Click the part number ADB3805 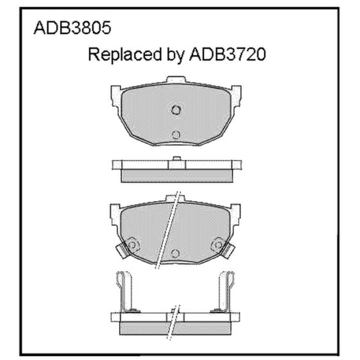(x=71, y=28)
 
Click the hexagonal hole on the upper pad (x=176, y=110)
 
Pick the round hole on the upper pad (x=176, y=135)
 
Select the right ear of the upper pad (x=235, y=95)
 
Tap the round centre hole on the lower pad (x=176, y=253)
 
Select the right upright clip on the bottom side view (x=226, y=291)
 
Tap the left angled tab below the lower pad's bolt (x=122, y=252)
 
